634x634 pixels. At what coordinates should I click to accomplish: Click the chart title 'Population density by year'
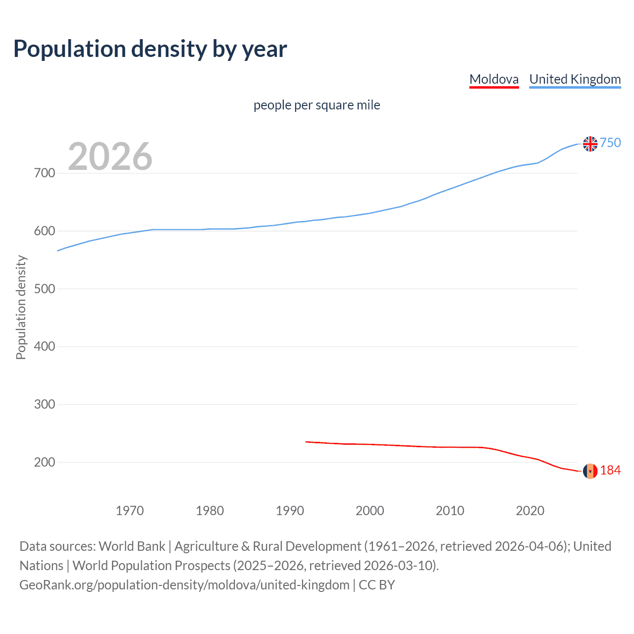pyautogui.click(x=150, y=49)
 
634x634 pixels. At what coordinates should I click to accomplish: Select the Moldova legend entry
pyautogui.click(x=494, y=79)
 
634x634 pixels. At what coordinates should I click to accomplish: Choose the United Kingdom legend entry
pyautogui.click(x=575, y=79)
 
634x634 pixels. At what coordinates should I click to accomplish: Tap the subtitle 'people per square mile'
pyautogui.click(x=317, y=106)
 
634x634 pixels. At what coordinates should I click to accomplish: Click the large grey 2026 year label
pyautogui.click(x=110, y=157)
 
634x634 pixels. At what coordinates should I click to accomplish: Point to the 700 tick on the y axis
pyautogui.click(x=44, y=173)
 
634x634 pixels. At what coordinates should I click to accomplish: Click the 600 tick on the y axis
pyautogui.click(x=44, y=231)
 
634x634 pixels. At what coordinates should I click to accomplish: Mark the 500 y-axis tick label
pyautogui.click(x=44, y=289)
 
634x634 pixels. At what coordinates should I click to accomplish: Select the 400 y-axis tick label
pyautogui.click(x=44, y=347)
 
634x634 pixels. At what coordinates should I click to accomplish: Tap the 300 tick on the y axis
pyautogui.click(x=44, y=405)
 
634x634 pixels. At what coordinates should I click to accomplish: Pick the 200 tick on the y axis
pyautogui.click(x=44, y=462)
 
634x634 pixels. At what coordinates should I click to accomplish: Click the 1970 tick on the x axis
pyautogui.click(x=129, y=511)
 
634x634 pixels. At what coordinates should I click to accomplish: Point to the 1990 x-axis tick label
pyautogui.click(x=290, y=511)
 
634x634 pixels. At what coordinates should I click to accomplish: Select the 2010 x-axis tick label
pyautogui.click(x=450, y=511)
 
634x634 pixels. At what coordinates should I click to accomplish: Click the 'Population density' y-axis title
pyautogui.click(x=21, y=307)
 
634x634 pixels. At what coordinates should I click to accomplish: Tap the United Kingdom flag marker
pyautogui.click(x=590, y=144)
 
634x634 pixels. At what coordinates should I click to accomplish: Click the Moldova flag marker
pyautogui.click(x=590, y=471)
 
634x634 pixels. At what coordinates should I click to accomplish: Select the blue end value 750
pyautogui.click(x=610, y=143)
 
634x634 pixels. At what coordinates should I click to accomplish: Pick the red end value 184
pyautogui.click(x=610, y=471)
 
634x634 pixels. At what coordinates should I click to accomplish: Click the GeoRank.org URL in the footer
pyautogui.click(x=184, y=585)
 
